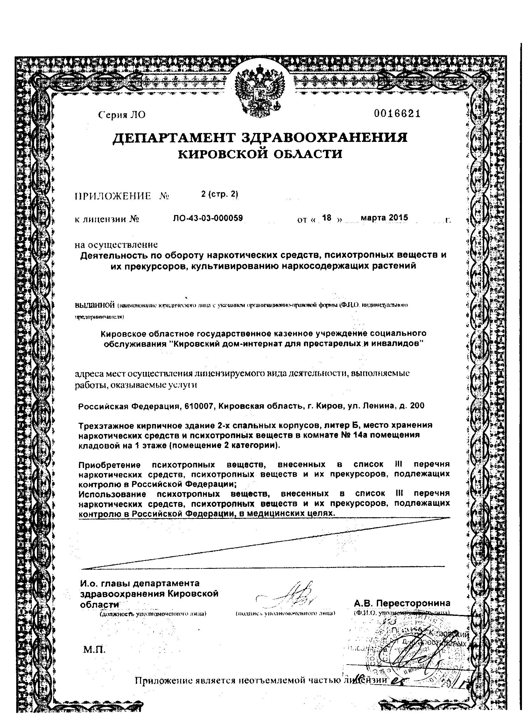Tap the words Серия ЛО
point(122,115)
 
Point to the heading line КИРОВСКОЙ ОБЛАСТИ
point(260,154)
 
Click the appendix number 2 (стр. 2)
point(220,194)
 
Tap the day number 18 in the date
point(327,218)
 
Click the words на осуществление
point(116,245)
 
